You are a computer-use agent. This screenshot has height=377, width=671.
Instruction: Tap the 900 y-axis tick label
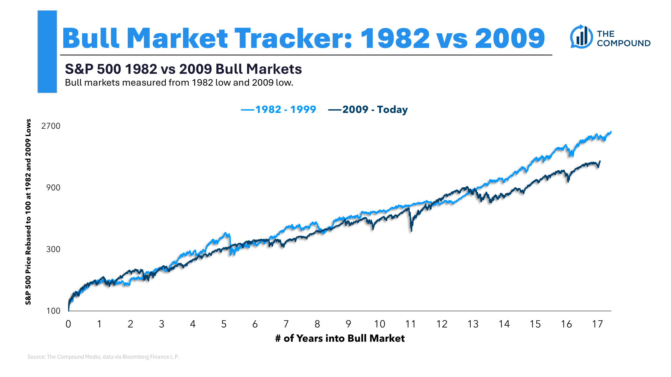(53, 188)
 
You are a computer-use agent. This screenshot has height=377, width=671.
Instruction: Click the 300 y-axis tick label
(53, 249)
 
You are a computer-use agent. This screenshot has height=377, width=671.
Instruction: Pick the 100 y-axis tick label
(53, 311)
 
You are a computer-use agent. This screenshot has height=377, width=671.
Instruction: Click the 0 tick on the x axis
(68, 324)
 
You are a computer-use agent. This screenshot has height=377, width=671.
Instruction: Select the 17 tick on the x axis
(597, 324)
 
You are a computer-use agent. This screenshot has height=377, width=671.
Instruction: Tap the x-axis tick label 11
(411, 324)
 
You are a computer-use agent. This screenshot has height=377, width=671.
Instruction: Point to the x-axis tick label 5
(224, 324)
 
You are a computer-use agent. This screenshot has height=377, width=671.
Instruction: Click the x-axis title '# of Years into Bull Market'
(340, 338)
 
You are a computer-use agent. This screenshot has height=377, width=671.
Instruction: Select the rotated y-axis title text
(28, 212)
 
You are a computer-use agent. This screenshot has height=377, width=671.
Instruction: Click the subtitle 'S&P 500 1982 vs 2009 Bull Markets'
(183, 69)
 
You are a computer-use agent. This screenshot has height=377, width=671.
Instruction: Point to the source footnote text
(103, 357)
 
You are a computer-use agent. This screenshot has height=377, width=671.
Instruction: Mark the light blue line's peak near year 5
(226, 233)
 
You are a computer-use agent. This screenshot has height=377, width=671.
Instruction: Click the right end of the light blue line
(611, 132)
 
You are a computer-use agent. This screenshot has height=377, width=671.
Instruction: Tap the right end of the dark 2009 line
(600, 161)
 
